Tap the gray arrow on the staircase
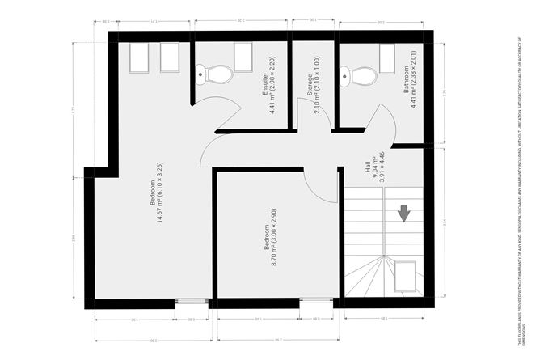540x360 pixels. (x=403, y=214)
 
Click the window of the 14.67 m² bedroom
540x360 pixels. (x=192, y=303)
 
